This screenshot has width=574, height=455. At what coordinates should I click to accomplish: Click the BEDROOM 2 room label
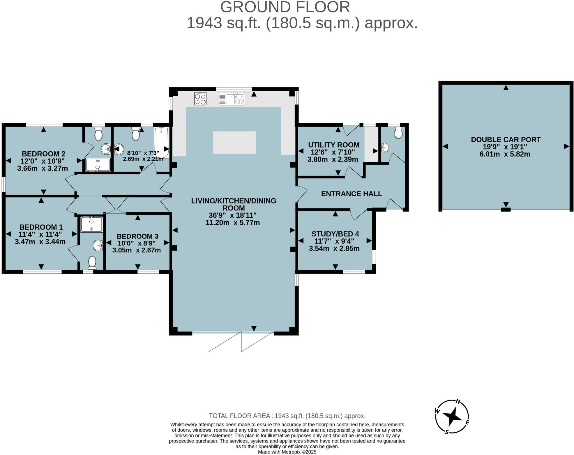click(43, 154)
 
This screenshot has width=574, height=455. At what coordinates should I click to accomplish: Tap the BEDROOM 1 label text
click(41, 227)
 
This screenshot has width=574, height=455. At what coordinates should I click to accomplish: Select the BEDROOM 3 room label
click(138, 236)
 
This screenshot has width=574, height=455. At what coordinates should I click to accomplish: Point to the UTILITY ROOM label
click(334, 145)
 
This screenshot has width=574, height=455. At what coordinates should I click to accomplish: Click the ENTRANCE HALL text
click(352, 194)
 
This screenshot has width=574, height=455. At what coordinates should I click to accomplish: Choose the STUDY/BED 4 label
click(335, 234)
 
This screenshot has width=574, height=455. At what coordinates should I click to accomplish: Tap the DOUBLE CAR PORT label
click(506, 140)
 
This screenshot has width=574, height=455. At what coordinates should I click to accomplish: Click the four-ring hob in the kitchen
click(200, 99)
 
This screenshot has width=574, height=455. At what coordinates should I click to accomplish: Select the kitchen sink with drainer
click(232, 99)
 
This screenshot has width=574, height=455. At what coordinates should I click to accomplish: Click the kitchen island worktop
click(234, 143)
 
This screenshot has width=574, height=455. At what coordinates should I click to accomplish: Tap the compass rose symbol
click(452, 417)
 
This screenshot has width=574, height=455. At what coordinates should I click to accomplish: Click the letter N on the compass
click(458, 401)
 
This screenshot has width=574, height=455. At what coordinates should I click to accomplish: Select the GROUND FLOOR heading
click(285, 7)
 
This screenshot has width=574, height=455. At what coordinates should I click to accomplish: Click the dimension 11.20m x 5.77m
click(233, 223)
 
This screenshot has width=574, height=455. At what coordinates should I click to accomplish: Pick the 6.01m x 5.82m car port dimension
click(505, 154)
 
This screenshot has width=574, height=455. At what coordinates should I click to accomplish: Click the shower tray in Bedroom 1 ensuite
click(92, 224)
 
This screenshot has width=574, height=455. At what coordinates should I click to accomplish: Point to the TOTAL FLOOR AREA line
click(287, 416)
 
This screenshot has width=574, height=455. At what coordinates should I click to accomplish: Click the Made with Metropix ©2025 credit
click(287, 452)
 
